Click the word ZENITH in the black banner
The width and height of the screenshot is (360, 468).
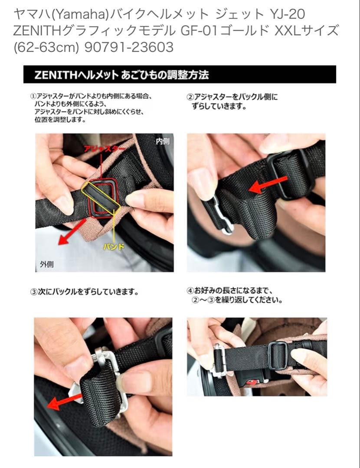pyautogui.click(x=56, y=75)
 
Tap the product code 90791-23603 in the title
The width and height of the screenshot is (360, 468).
pyautogui.click(x=129, y=47)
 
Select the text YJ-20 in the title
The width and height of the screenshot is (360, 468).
pyautogui.click(x=287, y=14)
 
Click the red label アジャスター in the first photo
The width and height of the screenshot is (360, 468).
pyautogui.click(x=104, y=149)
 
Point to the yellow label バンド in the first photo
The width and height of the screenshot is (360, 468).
pyautogui.click(x=114, y=247)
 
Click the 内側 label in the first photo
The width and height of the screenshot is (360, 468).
pyautogui.click(x=163, y=141)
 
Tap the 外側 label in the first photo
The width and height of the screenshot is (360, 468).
pyautogui.click(x=47, y=264)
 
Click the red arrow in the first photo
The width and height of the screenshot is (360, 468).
pyautogui.click(x=72, y=232)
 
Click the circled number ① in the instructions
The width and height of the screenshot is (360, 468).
pyautogui.click(x=33, y=96)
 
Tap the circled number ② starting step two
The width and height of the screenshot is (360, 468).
pyautogui.click(x=190, y=97)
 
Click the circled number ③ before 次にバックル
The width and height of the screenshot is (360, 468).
pyautogui.click(x=34, y=292)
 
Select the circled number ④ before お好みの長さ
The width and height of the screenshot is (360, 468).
pyautogui.click(x=190, y=290)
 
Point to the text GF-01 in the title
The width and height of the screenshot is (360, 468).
pyautogui.click(x=198, y=30)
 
